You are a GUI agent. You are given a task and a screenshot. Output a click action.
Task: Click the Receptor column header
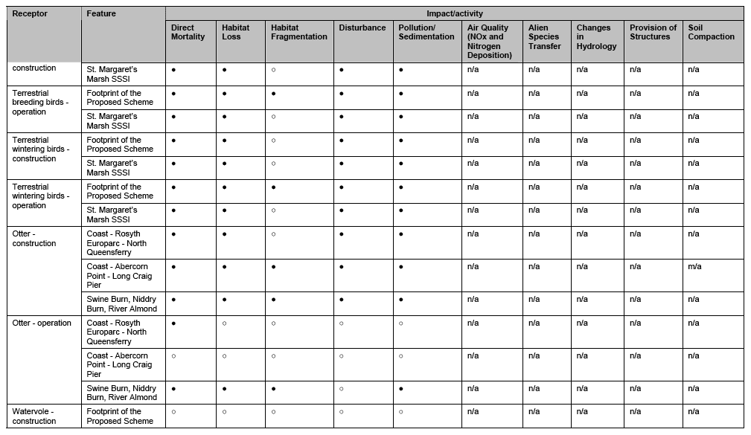30,13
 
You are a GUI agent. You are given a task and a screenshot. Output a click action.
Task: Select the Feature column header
101,13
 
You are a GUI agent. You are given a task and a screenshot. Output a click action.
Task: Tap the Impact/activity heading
454,13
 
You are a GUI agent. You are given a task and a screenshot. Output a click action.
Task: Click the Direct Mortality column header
188,32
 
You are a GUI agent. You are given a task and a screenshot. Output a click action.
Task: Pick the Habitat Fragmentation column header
298,32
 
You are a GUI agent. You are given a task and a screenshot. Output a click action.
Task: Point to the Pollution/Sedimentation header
426,32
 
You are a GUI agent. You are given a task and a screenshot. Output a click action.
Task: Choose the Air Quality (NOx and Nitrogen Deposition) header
489,41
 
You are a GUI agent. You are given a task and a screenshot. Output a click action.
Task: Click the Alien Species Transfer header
544,36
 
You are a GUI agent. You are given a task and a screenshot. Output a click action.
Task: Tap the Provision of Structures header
653,32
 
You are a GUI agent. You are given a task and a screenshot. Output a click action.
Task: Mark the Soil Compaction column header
711,32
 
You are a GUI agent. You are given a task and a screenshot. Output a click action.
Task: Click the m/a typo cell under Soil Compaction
694,266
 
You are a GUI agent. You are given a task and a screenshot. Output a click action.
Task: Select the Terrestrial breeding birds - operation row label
39,103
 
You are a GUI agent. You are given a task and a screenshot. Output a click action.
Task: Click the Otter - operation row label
42,323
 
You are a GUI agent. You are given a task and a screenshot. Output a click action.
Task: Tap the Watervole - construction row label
33,416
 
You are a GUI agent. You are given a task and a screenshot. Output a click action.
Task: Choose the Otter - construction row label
34,238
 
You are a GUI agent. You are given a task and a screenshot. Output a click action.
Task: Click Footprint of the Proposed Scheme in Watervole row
120,416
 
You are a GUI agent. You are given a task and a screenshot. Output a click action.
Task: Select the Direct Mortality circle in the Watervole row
173,411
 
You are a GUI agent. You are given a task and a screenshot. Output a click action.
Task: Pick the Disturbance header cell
362,28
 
